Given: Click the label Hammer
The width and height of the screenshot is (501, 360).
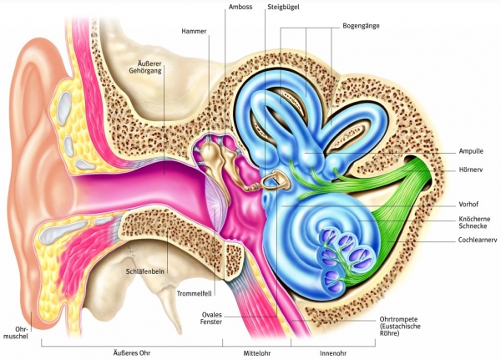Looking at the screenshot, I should pos(193,32).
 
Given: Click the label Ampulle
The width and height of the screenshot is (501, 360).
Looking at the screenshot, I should pos(472,152).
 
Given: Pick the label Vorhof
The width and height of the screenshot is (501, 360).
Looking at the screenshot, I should pos(469,203).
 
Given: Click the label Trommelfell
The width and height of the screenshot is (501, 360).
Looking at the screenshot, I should pos(195,293).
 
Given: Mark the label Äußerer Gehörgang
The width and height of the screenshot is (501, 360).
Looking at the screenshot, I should pos(154,68).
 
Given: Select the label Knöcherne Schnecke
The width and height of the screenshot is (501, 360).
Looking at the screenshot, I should pos(474,222).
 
